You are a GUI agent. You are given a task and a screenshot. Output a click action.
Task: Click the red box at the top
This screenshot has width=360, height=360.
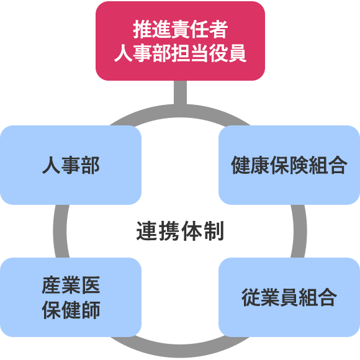(180, 41)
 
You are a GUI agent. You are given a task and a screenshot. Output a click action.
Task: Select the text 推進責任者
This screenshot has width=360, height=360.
(181, 29)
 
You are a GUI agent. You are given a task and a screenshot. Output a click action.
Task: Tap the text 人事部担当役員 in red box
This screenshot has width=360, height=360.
(181, 53)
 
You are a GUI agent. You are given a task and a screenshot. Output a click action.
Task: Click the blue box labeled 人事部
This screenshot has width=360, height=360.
(71, 165)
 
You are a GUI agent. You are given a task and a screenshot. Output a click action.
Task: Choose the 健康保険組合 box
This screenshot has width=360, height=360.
(289, 165)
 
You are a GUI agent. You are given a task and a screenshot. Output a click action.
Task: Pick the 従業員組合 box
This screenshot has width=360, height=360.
(289, 297)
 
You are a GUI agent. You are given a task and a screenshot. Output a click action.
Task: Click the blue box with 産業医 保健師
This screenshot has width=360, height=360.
(71, 297)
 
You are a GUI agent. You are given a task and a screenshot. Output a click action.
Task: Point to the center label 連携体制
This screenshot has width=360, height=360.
(180, 231)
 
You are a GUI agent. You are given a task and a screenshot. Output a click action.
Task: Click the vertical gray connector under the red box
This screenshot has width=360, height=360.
(180, 93)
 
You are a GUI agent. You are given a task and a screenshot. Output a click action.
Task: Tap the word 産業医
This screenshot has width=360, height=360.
(71, 285)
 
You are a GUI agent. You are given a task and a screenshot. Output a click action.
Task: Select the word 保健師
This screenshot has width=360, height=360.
(71, 310)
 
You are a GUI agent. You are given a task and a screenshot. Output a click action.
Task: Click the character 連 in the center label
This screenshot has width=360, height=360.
(147, 231)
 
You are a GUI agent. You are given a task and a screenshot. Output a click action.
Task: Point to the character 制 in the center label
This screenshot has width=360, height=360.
(214, 231)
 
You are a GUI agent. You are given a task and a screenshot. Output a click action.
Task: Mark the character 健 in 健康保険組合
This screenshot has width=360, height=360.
(241, 165)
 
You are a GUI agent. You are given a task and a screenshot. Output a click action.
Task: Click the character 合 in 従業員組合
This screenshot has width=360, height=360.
(327, 297)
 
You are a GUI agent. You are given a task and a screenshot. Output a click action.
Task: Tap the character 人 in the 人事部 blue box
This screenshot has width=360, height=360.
(52, 165)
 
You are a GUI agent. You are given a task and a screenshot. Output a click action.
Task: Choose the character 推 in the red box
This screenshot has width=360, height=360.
(142, 29)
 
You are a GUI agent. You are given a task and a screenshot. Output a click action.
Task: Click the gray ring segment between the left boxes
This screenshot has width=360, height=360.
(60, 231)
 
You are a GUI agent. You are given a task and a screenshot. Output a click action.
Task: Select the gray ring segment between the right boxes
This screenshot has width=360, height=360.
(300, 231)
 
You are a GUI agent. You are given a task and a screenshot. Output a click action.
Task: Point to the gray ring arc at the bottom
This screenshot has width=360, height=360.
(180, 351)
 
